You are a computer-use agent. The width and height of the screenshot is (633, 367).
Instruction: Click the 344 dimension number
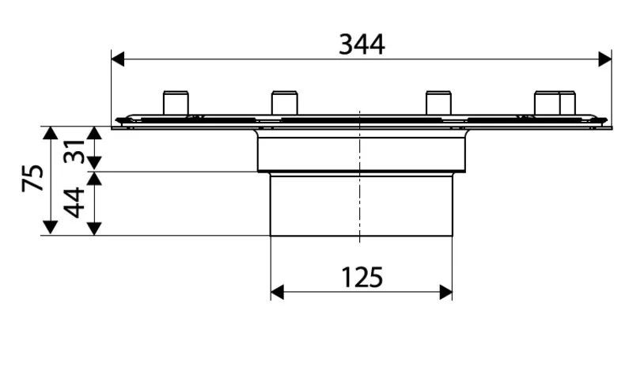tap(362, 44)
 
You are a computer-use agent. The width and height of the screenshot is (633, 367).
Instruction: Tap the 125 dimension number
tap(362, 278)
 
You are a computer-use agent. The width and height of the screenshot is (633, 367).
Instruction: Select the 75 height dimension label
tap(33, 178)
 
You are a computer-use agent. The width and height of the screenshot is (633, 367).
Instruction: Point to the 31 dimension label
tap(74, 151)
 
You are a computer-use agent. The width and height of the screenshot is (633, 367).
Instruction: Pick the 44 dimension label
tap(75, 202)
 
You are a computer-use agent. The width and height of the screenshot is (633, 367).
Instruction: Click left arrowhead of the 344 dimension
tap(118, 59)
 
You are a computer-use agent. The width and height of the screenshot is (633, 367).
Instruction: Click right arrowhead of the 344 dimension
tap(605, 59)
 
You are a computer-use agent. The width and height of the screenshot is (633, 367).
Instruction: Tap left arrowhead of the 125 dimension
tap(277, 292)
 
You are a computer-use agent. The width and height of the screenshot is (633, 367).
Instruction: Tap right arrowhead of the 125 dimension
tap(445, 292)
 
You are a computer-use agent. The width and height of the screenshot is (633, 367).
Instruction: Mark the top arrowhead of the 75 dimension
tap(50, 133)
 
